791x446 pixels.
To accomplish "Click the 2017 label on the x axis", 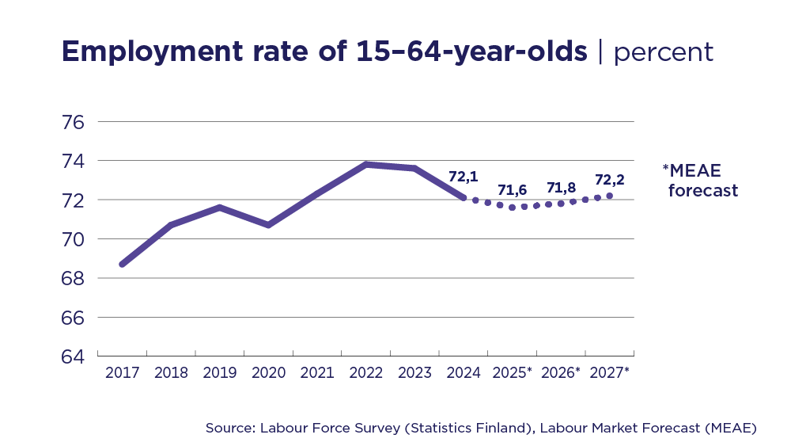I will (x=122, y=373).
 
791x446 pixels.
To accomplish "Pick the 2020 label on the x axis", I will (x=268, y=373).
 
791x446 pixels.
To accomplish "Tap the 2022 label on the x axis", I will (x=366, y=373).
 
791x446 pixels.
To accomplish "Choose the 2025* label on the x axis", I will (x=512, y=373).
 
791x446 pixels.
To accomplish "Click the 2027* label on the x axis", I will (x=609, y=373).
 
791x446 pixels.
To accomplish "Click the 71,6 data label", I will (x=513, y=190).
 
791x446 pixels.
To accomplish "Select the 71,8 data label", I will (x=562, y=188).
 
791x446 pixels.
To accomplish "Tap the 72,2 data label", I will (x=610, y=179).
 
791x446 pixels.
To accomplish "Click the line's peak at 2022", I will (x=366, y=164).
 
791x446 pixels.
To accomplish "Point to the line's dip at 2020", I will (x=268, y=225).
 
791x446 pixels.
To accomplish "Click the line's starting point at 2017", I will (x=122, y=264).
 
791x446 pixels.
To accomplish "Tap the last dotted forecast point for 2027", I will (x=609, y=196).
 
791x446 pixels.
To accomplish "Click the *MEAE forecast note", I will (x=700, y=181).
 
